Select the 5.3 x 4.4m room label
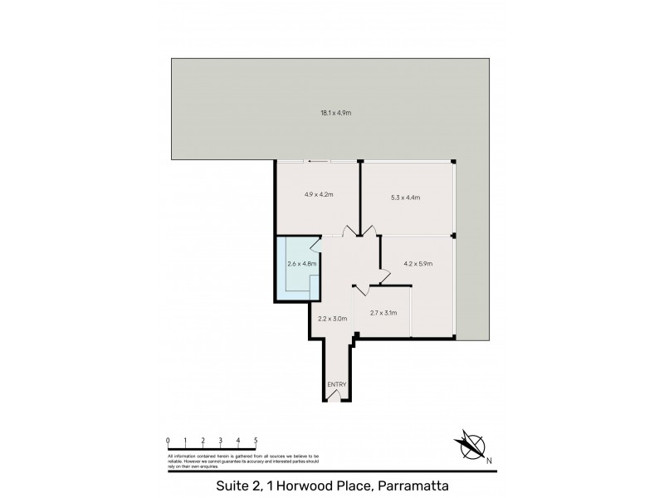pos(405,198)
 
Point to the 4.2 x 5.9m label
pos(417,264)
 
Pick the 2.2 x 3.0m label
pos(332,316)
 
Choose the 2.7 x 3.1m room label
pos(383,313)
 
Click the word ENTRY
pos(336,384)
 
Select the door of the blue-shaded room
pos(317,244)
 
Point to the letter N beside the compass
pos(490,461)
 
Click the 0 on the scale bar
pos(168,440)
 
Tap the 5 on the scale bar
pos(256,440)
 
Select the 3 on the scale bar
pos(221,440)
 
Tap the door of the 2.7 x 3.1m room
pos(360,291)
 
